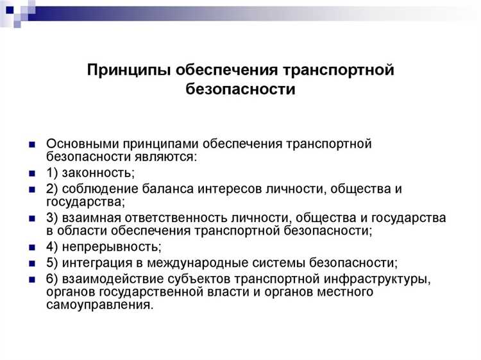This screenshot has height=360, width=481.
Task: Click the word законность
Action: pos(97,173)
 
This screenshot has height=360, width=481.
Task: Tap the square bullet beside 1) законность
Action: pos(31,173)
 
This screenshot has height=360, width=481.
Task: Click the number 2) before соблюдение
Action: pos(53,189)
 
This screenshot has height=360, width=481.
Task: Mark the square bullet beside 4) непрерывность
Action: pos(31,248)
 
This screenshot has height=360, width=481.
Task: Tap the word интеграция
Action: pos(97,263)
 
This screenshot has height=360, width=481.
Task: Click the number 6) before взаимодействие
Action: pos(53,279)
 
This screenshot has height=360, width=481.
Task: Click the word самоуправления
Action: pos(99,305)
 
